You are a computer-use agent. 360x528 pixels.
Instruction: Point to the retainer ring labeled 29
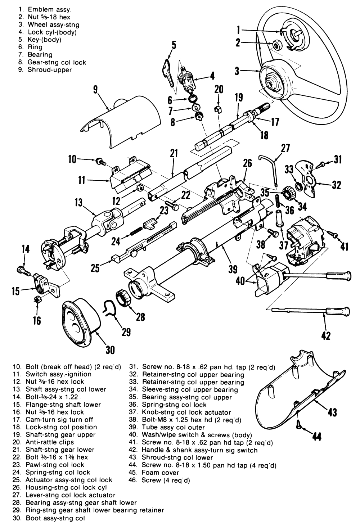pos(109,308)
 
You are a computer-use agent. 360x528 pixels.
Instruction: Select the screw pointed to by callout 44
pos(299,425)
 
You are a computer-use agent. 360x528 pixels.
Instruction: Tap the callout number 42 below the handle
pos(325,335)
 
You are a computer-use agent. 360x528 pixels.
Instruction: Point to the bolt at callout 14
pos(22,270)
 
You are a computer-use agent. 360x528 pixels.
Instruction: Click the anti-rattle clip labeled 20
pos(218,109)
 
